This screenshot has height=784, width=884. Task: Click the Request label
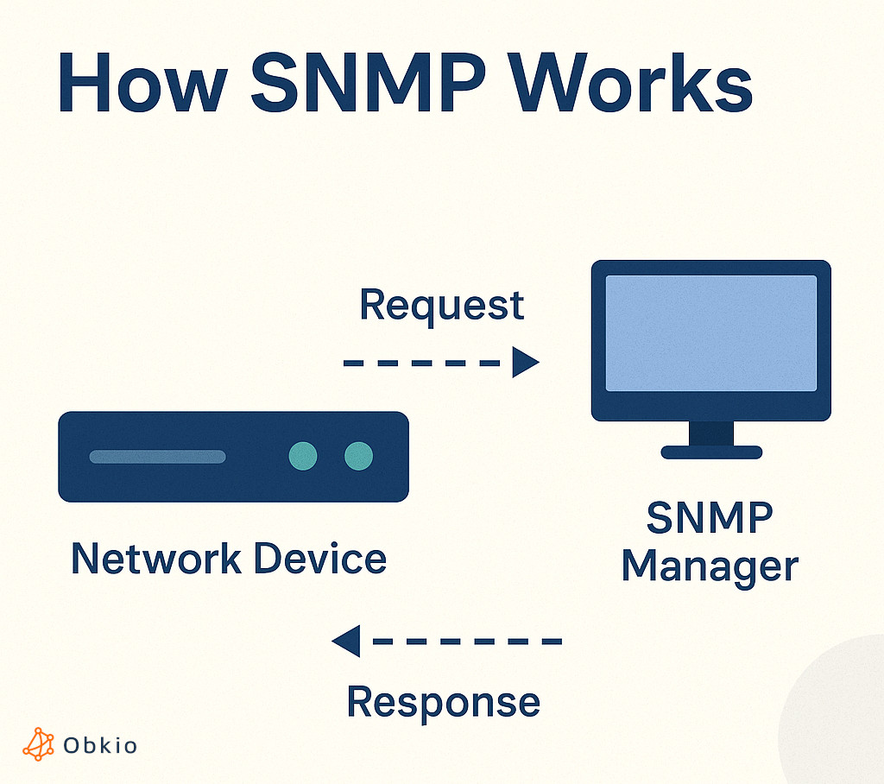coord(441,306)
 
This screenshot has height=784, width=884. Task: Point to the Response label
coord(443,701)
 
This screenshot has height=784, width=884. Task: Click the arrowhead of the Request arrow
coord(524,363)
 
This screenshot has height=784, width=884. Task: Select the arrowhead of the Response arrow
coord(346,642)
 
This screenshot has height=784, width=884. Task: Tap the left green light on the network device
coord(303,456)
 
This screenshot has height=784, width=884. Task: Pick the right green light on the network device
coord(358,456)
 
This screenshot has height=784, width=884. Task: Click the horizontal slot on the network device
coord(157,457)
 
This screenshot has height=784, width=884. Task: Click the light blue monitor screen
coord(710,333)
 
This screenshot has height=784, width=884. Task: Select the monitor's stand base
coord(711,452)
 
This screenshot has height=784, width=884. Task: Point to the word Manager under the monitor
coord(710,568)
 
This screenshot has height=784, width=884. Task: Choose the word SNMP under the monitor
coord(710,519)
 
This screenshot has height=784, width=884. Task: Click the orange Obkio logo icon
coord(38,744)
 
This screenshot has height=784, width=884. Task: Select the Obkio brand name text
coord(100,745)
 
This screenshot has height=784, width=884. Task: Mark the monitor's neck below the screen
coord(711,433)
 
